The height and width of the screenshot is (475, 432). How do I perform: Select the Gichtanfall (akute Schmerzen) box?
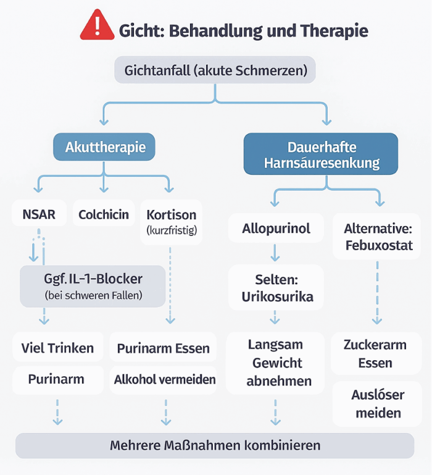pyautogui.click(x=215, y=70)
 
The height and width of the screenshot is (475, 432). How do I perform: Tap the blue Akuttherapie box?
pyautogui.click(x=106, y=147)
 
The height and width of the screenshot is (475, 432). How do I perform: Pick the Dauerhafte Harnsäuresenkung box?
pyautogui.click(x=320, y=155)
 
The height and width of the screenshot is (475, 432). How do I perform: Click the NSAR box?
pyautogui.click(x=39, y=214)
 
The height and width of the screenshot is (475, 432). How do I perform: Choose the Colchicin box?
pyautogui.click(x=104, y=214)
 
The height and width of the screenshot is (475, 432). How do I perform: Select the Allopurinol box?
pyautogui.click(x=275, y=229)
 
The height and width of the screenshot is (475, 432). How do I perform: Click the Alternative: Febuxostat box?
pyautogui.click(x=378, y=237)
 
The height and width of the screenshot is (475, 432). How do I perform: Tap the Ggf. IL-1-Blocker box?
pyautogui.click(x=93, y=287)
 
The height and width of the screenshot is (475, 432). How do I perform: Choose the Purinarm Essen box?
pyautogui.click(x=163, y=348)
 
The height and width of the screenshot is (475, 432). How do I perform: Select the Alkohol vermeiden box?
pyautogui.click(x=164, y=379)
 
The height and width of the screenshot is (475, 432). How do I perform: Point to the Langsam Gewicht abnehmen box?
pyautogui.click(x=275, y=363)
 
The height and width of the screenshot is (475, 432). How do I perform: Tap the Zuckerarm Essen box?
pyautogui.click(x=376, y=353)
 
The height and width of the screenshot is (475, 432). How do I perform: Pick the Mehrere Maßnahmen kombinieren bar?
pyautogui.click(x=215, y=445)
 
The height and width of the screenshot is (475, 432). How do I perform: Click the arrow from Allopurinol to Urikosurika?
pyautogui.click(x=275, y=252)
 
